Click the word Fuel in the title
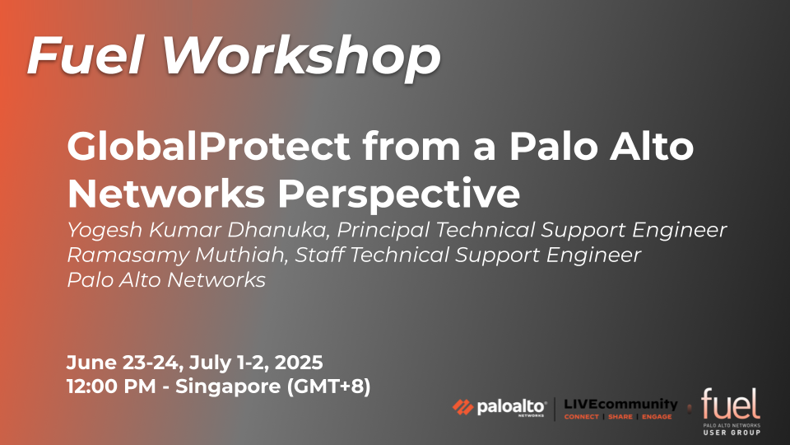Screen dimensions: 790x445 86,55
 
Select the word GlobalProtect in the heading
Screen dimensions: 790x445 208,147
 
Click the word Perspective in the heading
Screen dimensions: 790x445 398,194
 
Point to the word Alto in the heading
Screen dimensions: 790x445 652,146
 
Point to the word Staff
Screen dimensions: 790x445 319,255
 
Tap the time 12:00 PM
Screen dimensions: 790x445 111,386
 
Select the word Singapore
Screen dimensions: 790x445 228,387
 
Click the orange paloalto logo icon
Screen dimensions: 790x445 462,407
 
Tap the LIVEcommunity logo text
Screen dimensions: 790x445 620,404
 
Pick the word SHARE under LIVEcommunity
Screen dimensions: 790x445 620,417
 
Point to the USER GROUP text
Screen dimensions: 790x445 732,433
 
